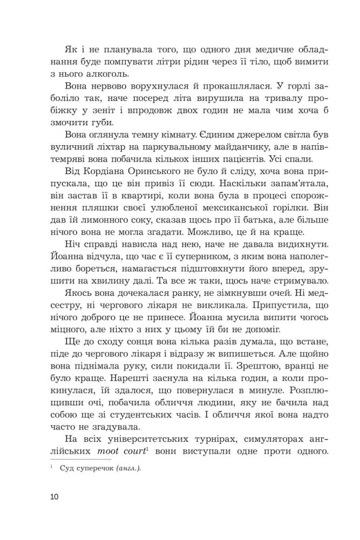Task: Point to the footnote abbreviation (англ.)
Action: pyautogui.click(x=127, y=469)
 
